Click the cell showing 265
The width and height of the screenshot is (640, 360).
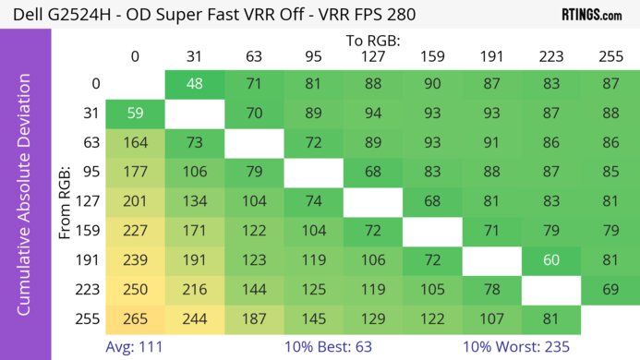(135, 318)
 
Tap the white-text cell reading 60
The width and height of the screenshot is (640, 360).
(550, 261)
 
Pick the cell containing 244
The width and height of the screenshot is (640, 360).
(195, 318)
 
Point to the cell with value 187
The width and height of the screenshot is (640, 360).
(254, 318)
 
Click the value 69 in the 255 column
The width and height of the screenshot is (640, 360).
(610, 290)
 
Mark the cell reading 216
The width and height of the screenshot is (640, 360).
(195, 290)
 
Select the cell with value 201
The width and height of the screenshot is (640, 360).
(135, 202)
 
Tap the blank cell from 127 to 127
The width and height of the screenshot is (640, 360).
(372, 202)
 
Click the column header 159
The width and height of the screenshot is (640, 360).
(431, 57)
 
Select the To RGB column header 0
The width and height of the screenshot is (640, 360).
(135, 57)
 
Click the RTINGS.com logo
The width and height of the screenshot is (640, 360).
(591, 15)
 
